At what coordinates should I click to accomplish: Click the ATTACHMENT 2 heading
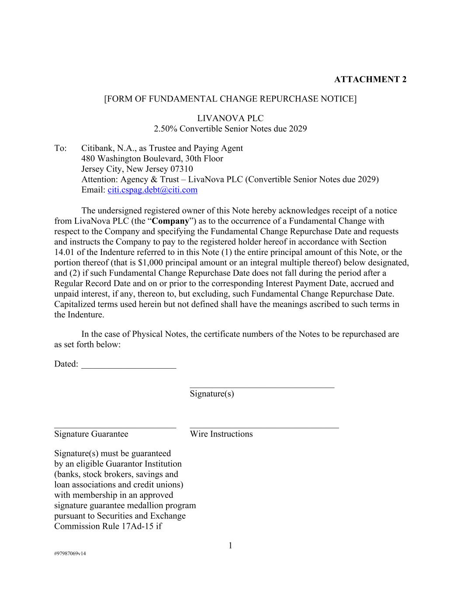(370, 79)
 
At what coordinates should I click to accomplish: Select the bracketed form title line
(230, 99)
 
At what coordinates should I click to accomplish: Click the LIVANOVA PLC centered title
(230, 118)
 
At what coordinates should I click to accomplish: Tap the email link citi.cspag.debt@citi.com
(153, 190)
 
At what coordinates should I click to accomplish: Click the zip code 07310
(182, 169)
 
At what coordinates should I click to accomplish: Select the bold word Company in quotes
(170, 221)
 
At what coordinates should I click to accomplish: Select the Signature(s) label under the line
(212, 394)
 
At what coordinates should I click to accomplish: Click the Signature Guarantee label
(91, 434)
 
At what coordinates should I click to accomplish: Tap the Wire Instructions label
(221, 434)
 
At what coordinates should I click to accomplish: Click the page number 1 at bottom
(230, 545)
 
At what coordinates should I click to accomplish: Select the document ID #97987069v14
(70, 553)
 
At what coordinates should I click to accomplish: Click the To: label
(60, 148)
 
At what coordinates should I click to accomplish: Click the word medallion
(153, 505)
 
